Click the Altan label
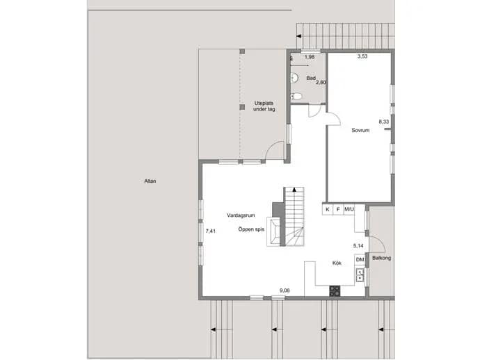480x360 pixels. pos(150,181)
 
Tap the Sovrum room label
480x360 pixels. pos(360,130)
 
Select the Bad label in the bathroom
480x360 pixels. pos(311,78)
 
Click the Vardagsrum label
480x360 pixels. pos(241,215)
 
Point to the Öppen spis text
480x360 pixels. pos(251,229)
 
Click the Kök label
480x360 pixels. pos(337,263)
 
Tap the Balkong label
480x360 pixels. pos(381,258)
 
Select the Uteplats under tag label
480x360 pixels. pos(264,106)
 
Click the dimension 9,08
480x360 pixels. pos(285,291)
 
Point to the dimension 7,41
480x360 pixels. pos(210,231)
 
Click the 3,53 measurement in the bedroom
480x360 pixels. pos(362,56)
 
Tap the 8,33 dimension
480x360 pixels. pos(383,122)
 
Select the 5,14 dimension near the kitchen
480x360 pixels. pos(358,246)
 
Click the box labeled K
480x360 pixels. pos(328,209)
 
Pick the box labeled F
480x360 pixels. pos(338,209)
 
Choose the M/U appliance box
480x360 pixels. pos(349,209)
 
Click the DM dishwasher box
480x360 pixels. pos(360,260)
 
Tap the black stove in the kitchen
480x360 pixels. pos(335,291)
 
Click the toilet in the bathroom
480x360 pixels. pos(296,97)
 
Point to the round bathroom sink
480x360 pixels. pos(294,78)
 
